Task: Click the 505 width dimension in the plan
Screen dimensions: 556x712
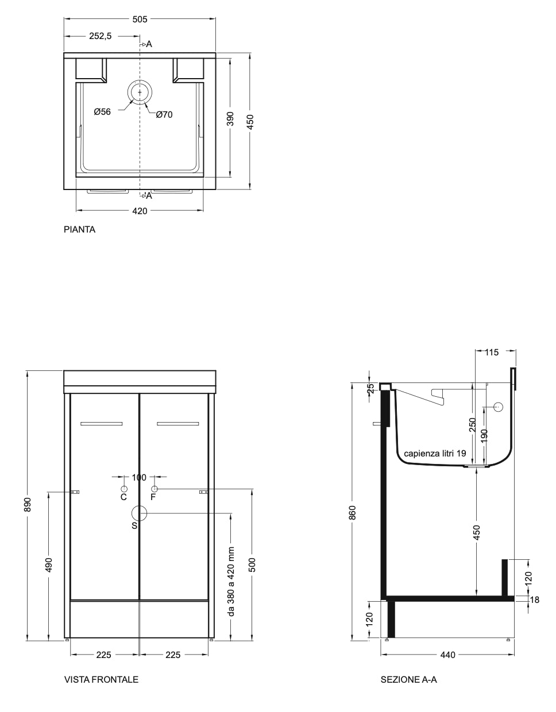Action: tap(140, 20)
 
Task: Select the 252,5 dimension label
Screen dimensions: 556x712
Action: tap(101, 36)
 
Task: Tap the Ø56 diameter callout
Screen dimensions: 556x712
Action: tap(102, 112)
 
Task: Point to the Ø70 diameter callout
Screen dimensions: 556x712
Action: tap(164, 114)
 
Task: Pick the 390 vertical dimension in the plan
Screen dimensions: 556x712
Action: tap(230, 119)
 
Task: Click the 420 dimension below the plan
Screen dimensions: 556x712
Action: tap(140, 211)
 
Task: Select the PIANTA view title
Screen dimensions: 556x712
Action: tap(80, 230)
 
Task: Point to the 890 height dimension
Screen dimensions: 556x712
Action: tap(28, 505)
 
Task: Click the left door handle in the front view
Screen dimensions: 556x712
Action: tap(102, 424)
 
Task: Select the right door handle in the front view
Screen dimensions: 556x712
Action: tap(178, 424)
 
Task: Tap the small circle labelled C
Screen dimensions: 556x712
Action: tap(124, 489)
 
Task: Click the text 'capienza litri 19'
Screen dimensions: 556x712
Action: tap(435, 454)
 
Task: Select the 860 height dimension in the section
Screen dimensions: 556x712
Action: tap(352, 513)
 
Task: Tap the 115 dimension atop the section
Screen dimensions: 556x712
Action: tap(492, 352)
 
